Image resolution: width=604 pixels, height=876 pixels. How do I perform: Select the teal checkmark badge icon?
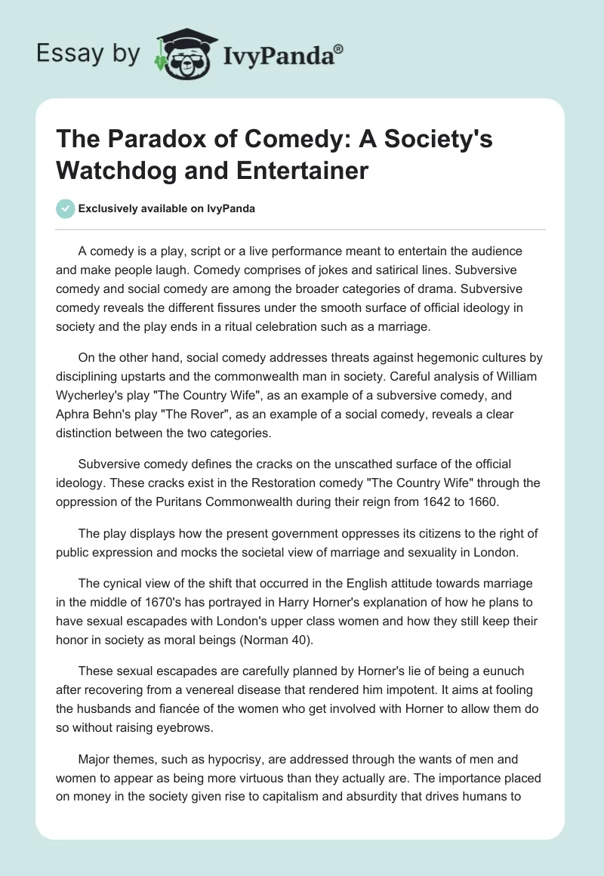(66, 208)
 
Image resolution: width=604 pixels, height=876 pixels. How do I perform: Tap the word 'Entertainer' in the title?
(301, 171)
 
